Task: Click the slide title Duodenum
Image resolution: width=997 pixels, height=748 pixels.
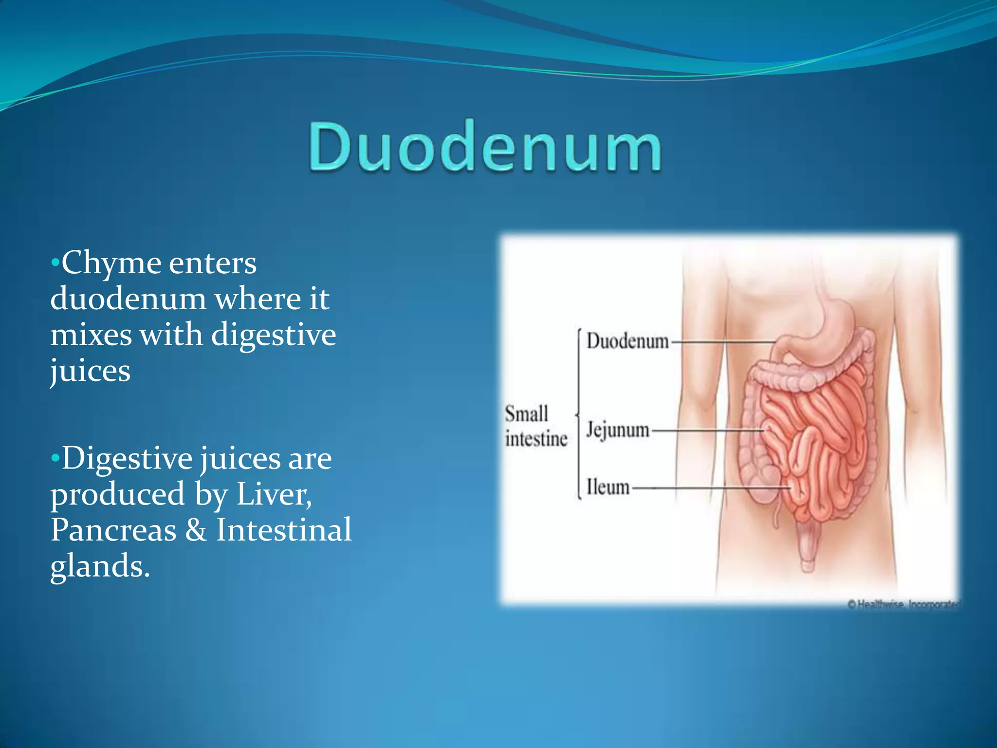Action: click(485, 146)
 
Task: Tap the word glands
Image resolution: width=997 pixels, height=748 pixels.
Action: click(100, 566)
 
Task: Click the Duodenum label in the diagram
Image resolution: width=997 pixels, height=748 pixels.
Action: click(627, 341)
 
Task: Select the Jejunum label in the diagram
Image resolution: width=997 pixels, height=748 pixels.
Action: click(617, 430)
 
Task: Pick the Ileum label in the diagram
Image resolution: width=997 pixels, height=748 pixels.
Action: click(608, 487)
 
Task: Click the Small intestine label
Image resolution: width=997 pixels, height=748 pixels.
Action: click(535, 426)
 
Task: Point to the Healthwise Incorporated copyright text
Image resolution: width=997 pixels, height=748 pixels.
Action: click(904, 604)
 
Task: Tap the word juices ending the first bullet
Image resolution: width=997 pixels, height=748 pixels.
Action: click(91, 371)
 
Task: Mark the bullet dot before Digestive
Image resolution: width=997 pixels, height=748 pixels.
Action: click(55, 458)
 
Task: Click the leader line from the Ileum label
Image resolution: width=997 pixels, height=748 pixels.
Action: click(711, 487)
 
